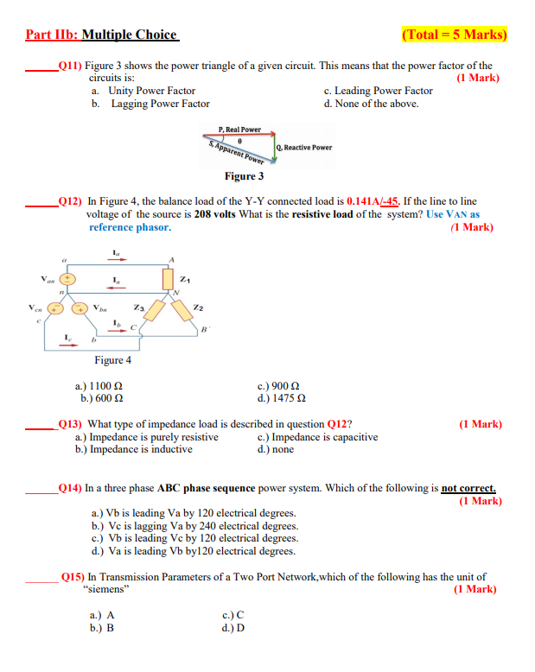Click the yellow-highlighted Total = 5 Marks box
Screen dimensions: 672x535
(455, 35)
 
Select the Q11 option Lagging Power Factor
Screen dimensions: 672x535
(160, 104)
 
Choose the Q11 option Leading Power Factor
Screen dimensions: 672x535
(378, 91)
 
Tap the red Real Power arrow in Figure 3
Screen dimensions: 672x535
(239, 136)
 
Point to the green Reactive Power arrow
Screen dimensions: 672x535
(274, 148)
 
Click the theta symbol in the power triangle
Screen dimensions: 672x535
(239, 143)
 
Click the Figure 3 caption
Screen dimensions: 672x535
(245, 176)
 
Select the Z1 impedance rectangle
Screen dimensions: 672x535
(168, 279)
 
